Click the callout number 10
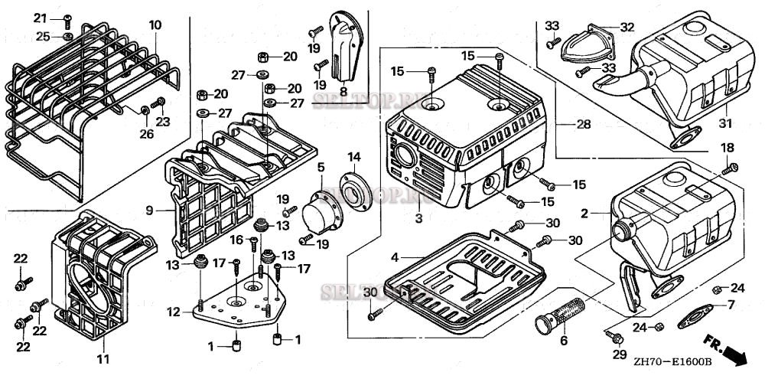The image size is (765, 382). point(155,24)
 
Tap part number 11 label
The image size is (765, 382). point(103,358)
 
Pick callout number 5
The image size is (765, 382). point(321,167)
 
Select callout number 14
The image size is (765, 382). point(354,158)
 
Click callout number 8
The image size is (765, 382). point(343,92)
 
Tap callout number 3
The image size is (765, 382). point(418,219)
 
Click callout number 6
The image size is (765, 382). point(565,341)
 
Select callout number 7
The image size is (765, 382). point(731,305)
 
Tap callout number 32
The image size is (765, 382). point(627,27)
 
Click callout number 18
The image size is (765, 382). point(727,147)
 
